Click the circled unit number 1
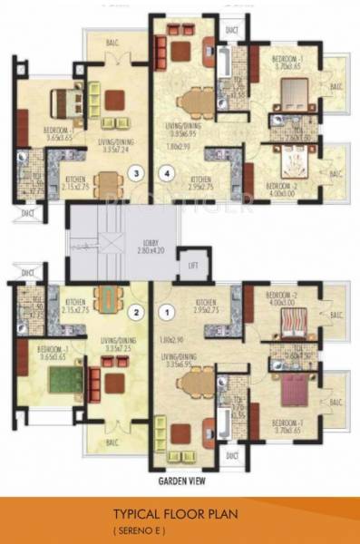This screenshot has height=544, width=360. pyautogui.click(x=165, y=314)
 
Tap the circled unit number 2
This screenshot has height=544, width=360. pyautogui.click(x=135, y=314)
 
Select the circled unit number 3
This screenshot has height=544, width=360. pyautogui.click(x=135, y=171)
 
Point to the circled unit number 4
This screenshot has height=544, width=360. pyautogui.click(x=165, y=171)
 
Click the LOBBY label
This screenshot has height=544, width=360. pyautogui.click(x=151, y=243)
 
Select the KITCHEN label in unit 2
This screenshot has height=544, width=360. pyautogui.click(x=74, y=302)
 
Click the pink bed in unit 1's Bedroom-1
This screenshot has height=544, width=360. pyautogui.click(x=296, y=390)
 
